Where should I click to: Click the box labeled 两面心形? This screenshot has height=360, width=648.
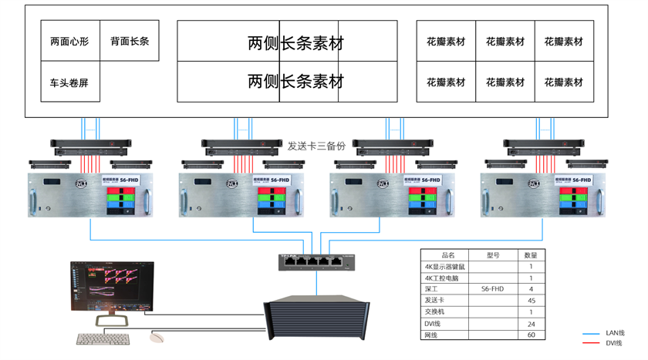pyautogui.click(x=69, y=41)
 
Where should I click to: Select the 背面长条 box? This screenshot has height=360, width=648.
pyautogui.click(x=130, y=41)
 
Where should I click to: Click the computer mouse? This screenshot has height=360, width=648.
pyautogui.click(x=158, y=337)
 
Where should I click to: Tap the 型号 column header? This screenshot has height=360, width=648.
pyautogui.click(x=494, y=255)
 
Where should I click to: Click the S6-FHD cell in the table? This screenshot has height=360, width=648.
pyautogui.click(x=494, y=289)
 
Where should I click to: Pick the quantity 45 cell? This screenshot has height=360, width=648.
pyautogui.click(x=531, y=301)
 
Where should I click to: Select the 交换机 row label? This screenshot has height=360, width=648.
pyautogui.click(x=436, y=312)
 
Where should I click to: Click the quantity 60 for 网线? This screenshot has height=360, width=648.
pyautogui.click(x=531, y=335)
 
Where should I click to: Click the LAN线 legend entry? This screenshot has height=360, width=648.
pyautogui.click(x=615, y=333)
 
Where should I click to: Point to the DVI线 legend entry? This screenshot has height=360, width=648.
pyautogui.click(x=615, y=343)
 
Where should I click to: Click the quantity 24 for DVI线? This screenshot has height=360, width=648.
pyautogui.click(x=531, y=324)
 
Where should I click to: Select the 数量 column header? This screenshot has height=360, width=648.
pyautogui.click(x=531, y=255)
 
